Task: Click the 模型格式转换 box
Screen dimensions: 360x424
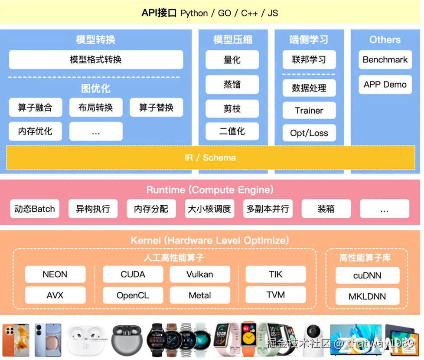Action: [96, 60]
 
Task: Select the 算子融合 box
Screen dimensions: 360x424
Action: [35, 108]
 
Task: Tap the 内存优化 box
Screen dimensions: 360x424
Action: [35, 131]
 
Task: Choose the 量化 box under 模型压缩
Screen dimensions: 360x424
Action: [232, 60]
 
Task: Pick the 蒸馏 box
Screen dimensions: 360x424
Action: [232, 84]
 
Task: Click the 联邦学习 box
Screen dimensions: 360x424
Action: [309, 60]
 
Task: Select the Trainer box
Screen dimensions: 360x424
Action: [309, 111]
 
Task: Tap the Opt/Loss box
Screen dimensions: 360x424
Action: [309, 133]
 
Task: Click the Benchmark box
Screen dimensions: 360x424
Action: [385, 60]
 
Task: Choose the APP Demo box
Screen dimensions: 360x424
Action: [385, 85]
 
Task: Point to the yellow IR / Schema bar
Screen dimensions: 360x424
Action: [210, 157]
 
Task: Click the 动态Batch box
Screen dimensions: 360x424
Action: [34, 209]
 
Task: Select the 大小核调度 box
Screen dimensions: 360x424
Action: [209, 209]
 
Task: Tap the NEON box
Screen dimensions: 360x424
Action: [55, 275]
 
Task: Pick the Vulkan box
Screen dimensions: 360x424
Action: [200, 275]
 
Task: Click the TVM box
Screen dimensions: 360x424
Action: [276, 295]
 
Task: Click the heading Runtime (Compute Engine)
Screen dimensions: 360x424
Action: [210, 190]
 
